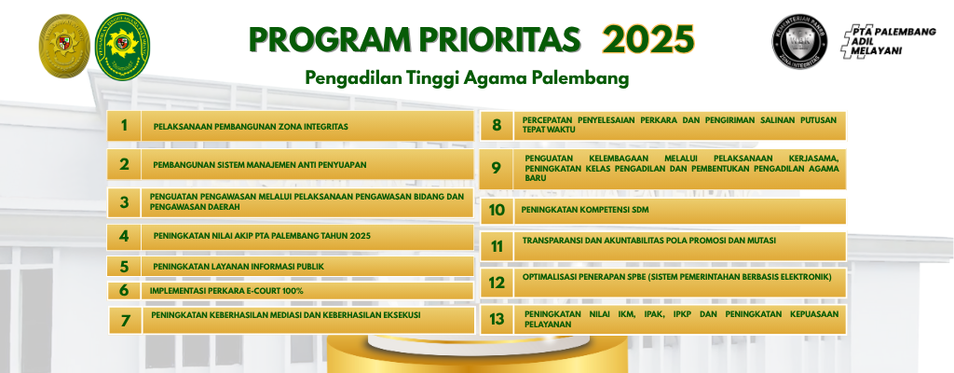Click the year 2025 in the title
pos(647,39)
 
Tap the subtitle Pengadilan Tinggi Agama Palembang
pos(467,78)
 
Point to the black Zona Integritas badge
pos(801,44)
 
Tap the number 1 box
pos(123,126)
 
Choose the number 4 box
pos(123,236)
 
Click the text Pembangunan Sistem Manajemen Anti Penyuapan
pos(260,164)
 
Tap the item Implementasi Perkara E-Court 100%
pos(226,291)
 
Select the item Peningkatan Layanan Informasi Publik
pos(238,267)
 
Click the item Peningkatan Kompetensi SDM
pos(584,211)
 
